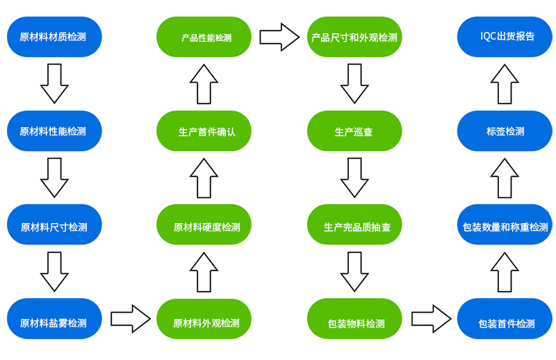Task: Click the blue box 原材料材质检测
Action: point(54,37)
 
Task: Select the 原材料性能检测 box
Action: point(54,131)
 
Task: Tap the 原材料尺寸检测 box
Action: point(54,226)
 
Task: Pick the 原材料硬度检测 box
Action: point(204,225)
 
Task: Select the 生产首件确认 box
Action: point(204,131)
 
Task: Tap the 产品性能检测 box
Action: point(204,37)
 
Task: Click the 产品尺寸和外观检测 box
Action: point(354,37)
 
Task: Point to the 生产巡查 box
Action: point(354,131)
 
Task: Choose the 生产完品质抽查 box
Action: point(354,225)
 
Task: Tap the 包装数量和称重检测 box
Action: point(505,225)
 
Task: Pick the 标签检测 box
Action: point(505,131)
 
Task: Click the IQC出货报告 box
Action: point(505,37)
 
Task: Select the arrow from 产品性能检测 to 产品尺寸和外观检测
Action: point(279,37)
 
